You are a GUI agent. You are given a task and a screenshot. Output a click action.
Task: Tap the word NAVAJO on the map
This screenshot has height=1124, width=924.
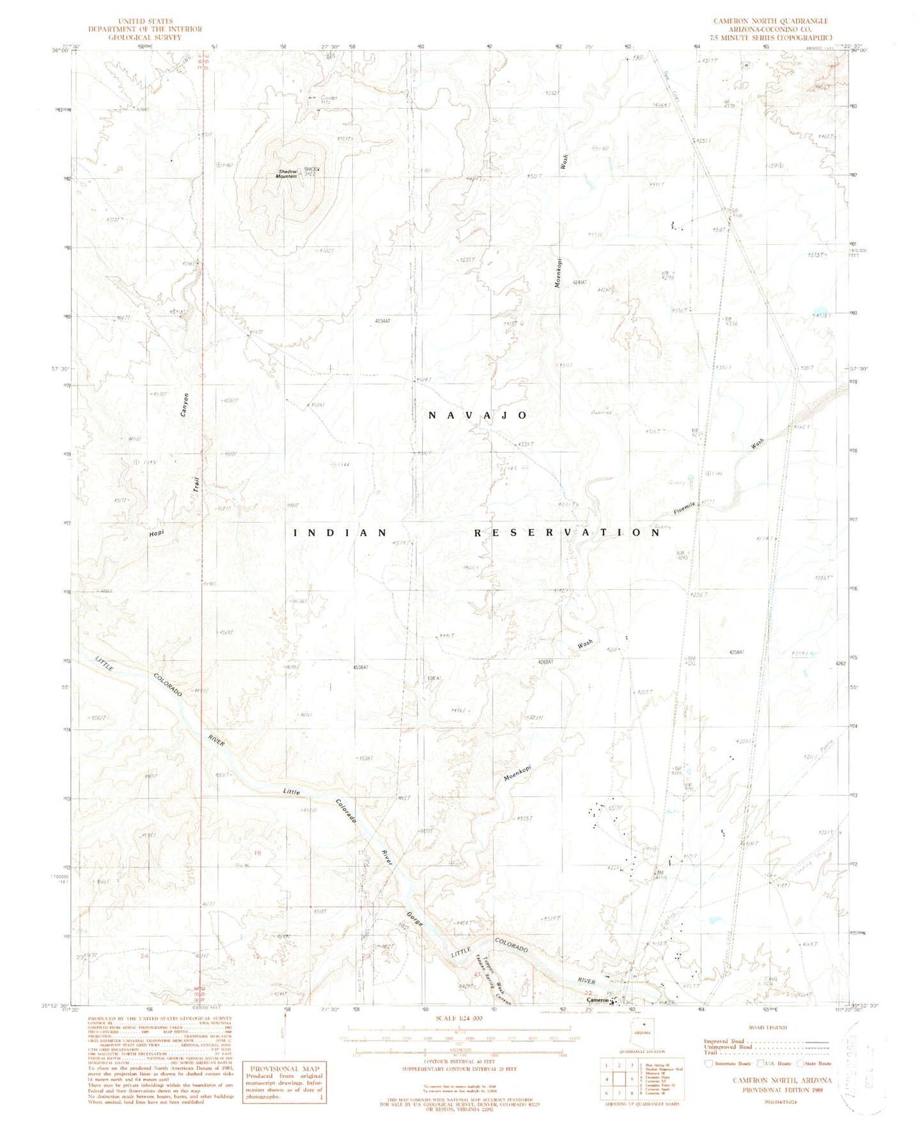tap(478, 415)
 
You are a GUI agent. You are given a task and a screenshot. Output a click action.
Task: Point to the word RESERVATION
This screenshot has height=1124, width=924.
tap(567, 532)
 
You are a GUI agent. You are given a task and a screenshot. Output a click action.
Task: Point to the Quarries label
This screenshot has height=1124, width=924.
tap(601, 412)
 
